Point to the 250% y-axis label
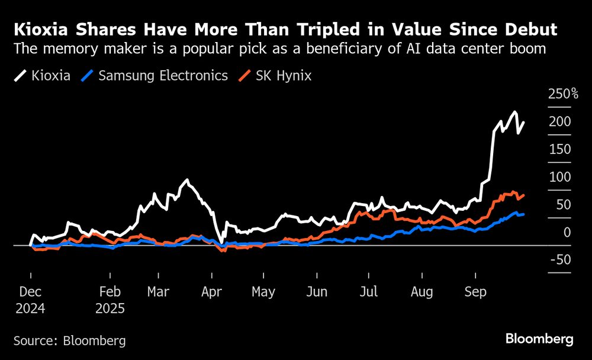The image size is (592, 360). tap(563, 94)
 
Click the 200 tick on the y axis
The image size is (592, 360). tap(559, 121)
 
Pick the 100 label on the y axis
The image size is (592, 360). tap(559, 177)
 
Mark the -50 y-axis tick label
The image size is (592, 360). tap(559, 260)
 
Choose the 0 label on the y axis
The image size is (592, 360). tap(567, 232)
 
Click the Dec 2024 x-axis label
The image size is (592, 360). tap(31, 300)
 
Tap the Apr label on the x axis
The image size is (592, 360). tap(211, 292)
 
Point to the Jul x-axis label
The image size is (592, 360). tap(369, 292)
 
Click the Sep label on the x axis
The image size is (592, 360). tap(475, 292)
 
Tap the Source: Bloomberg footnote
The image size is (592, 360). tap(70, 340)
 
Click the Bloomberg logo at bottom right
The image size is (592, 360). tap(539, 339)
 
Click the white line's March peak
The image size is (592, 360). tap(187, 180)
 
